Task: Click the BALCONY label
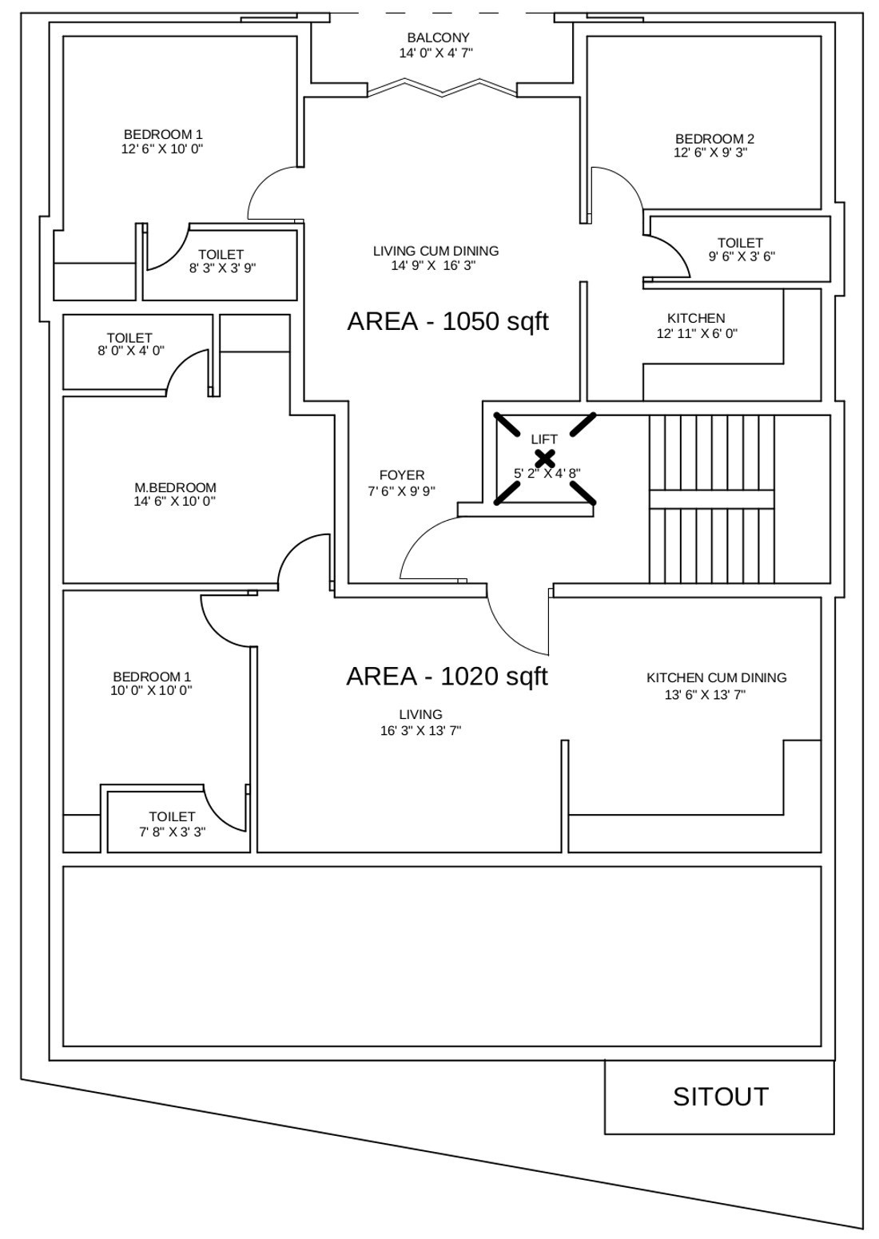438,38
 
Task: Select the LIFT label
543,439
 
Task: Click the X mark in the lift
545,458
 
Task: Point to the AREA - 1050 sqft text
447,321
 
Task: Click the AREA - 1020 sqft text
447,676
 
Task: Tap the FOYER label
402,475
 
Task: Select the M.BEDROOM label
175,487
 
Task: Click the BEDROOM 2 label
714,139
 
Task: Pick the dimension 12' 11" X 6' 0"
697,334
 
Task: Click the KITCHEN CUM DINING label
716,677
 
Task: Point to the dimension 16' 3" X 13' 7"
420,731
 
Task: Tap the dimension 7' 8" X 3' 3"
173,832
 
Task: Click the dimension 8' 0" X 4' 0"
131,351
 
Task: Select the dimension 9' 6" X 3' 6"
742,256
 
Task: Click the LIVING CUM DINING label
436,251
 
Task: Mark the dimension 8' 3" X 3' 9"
222,268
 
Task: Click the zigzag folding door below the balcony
442,88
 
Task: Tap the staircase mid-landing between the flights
711,499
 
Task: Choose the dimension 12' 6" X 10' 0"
162,149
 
